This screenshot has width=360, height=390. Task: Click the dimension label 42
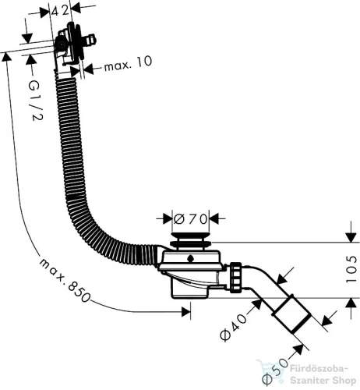tap(60, 10)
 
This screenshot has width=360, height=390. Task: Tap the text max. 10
tap(128, 63)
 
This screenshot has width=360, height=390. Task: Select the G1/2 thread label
tap(35, 100)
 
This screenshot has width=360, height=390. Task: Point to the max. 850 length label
tap(65, 281)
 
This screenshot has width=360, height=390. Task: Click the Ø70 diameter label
tap(191, 219)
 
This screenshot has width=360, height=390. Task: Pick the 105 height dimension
tap(351, 269)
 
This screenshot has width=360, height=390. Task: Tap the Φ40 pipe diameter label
tap(233, 327)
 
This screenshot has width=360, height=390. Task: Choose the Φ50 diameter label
tap(275, 371)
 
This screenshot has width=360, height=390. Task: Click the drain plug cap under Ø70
tap(191, 239)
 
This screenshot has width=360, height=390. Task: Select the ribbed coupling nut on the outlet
tap(236, 278)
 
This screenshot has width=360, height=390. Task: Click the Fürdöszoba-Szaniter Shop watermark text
tap(323, 375)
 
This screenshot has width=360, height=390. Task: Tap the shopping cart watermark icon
tap(268, 370)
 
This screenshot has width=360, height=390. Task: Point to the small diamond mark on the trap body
tap(190, 258)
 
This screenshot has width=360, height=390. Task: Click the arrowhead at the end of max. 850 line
tap(186, 311)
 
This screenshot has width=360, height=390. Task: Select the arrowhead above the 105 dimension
tap(351, 237)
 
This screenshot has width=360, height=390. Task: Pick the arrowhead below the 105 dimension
tap(351, 303)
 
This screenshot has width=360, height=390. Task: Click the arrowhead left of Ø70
tap(168, 218)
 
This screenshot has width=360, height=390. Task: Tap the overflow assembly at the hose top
tap(73, 44)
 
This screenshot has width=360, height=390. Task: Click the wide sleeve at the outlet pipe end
tap(291, 314)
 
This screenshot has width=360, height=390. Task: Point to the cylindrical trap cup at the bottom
tap(190, 288)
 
